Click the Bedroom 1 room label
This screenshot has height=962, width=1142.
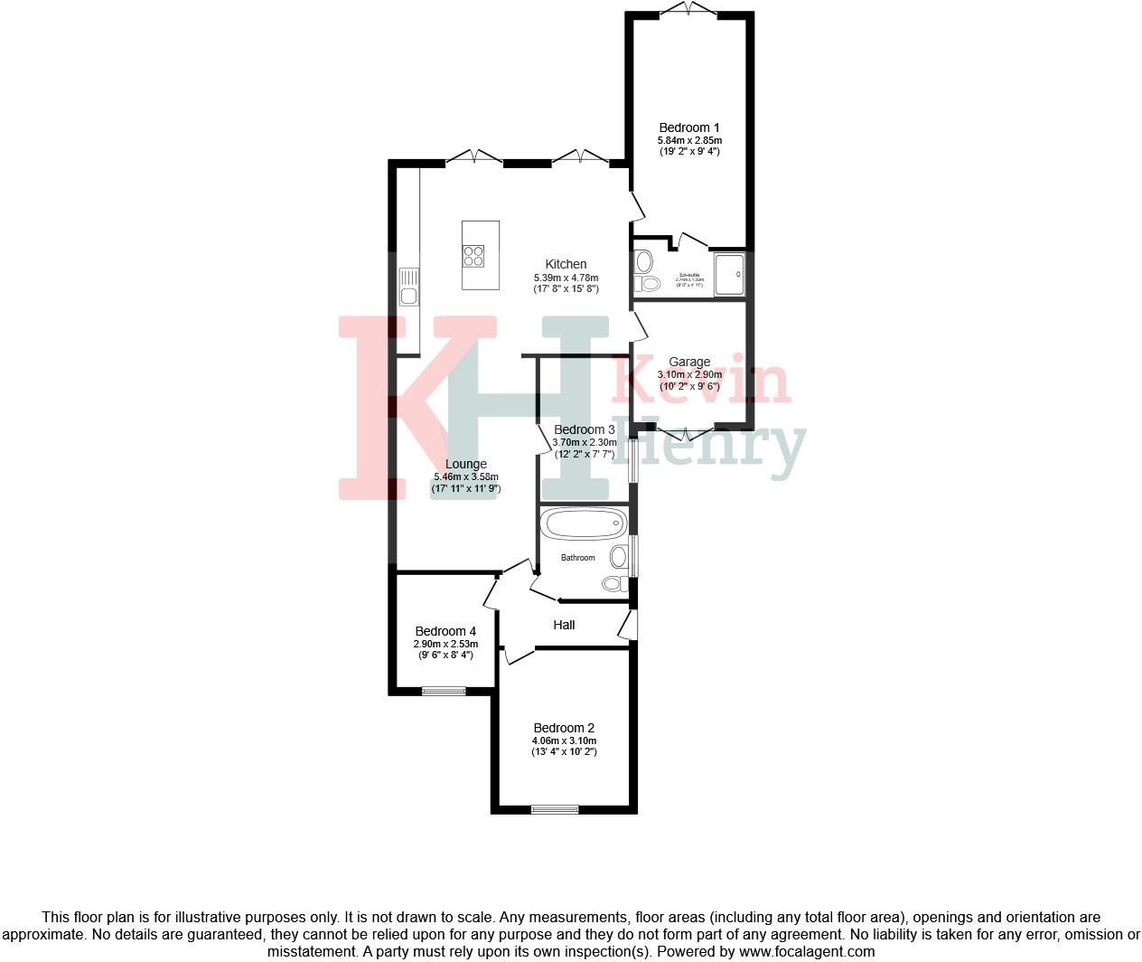coord(689,127)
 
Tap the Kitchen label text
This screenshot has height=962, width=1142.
coord(566,264)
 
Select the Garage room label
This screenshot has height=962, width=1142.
coord(689,362)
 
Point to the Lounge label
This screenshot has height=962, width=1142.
coord(466,465)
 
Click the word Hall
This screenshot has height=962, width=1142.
coord(564,625)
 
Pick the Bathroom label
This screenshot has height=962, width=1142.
coord(578,558)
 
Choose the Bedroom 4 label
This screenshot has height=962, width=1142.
coord(445,631)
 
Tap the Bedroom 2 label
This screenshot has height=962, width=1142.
coord(564,728)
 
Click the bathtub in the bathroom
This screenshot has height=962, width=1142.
coord(583,523)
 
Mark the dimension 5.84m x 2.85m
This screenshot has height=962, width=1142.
coord(689,140)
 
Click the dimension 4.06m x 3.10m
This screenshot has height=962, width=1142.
coord(564,740)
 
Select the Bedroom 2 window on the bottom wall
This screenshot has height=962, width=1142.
coord(555,809)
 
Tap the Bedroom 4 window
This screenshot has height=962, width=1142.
coord(445,692)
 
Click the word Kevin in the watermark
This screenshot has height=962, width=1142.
coord(701,380)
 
